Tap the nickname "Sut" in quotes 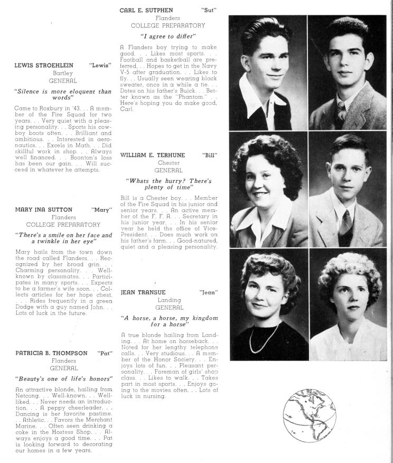pos(209,10)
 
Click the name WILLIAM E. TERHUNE pos(153,155)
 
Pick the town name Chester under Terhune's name pos(169,163)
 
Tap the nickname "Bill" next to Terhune pos(210,155)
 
